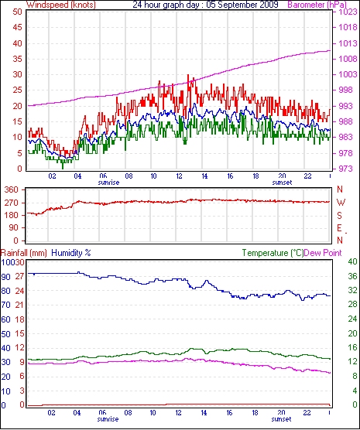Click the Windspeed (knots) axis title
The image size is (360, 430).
[61, 5]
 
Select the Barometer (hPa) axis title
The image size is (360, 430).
[317, 5]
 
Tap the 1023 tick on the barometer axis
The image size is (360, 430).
[348, 12]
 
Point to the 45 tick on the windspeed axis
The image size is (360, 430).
[17, 27]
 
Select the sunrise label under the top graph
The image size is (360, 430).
[108, 183]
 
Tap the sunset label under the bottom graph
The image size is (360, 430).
[281, 419]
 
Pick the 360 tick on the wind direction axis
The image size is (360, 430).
[12, 189]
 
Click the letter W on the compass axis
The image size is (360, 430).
[341, 203]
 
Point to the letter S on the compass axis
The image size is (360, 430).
[340, 216]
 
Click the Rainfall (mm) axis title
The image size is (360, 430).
[24, 253]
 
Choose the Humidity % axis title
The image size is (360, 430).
[71, 253]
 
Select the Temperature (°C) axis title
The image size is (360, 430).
[273, 253]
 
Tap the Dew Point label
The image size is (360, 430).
[323, 253]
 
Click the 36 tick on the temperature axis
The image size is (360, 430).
[352, 276]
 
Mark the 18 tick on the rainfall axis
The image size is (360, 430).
[20, 319]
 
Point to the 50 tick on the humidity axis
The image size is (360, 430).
[5, 334]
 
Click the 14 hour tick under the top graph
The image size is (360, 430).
[204, 176]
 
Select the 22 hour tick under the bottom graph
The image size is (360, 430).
[307, 413]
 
